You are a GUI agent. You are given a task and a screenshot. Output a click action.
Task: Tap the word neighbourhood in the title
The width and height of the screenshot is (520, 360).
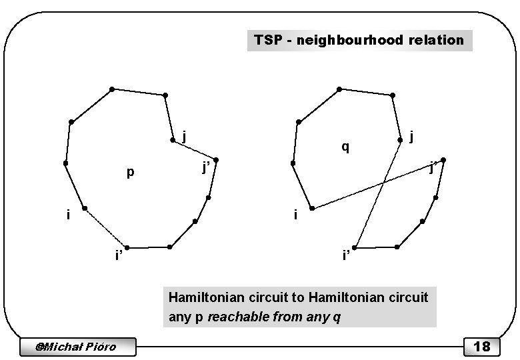[x=347, y=40]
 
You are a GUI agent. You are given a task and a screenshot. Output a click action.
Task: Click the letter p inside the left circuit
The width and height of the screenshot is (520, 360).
[x=131, y=173]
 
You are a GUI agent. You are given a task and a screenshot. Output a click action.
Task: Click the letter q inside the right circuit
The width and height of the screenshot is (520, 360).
[x=345, y=147]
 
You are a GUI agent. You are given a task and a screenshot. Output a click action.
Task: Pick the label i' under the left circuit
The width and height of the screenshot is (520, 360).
[x=118, y=256]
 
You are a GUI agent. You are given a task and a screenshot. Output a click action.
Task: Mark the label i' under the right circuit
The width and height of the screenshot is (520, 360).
[x=345, y=256]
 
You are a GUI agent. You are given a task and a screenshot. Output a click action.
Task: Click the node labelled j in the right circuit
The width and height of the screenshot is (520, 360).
[x=400, y=141]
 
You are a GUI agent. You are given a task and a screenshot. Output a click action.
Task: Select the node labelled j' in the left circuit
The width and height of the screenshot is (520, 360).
[x=216, y=161]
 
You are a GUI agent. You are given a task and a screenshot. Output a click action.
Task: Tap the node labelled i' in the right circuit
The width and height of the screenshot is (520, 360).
[x=355, y=248]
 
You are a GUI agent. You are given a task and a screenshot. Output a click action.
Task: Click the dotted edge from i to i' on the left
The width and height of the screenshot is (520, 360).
[x=105, y=228]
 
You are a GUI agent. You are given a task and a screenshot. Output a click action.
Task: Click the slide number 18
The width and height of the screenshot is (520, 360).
[x=481, y=346]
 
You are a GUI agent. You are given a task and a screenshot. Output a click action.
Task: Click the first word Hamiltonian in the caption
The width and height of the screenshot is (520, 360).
[x=201, y=297]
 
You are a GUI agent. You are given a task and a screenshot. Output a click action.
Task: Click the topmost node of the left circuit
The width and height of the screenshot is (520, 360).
[x=112, y=89]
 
